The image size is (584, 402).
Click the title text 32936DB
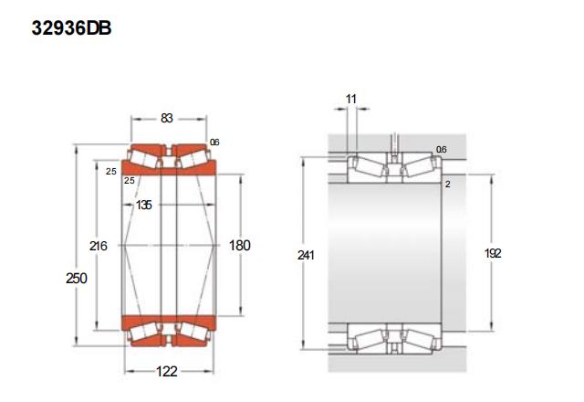(71, 28)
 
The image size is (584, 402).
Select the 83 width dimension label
(166, 118)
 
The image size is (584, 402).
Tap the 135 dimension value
(144, 205)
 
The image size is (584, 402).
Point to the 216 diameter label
(99, 246)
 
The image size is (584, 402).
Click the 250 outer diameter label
(77, 278)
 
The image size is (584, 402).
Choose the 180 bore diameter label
(239, 246)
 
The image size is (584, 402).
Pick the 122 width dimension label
(166, 372)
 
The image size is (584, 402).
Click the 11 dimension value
(351, 100)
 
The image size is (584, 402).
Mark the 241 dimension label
(306, 255)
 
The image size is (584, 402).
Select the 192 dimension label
(493, 254)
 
